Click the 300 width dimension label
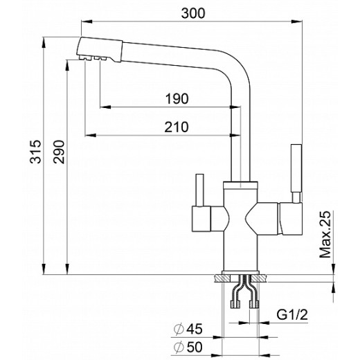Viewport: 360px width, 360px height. pyautogui.click(x=193, y=13)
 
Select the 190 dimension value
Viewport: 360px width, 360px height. pyautogui.click(x=177, y=99)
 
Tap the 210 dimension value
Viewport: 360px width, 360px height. pyautogui.click(x=177, y=127)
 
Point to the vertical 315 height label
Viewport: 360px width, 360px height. pyautogui.click(x=35, y=152)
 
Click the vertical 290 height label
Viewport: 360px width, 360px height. pyautogui.click(x=59, y=152)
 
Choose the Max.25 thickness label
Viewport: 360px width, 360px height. pyautogui.click(x=325, y=234)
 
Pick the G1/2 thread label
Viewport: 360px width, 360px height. pyautogui.click(x=292, y=314)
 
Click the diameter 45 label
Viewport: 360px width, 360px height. pyautogui.click(x=188, y=329)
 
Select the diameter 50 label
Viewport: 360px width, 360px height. pyautogui.click(x=188, y=347)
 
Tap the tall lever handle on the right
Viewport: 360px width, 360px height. pyautogui.click(x=296, y=168)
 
